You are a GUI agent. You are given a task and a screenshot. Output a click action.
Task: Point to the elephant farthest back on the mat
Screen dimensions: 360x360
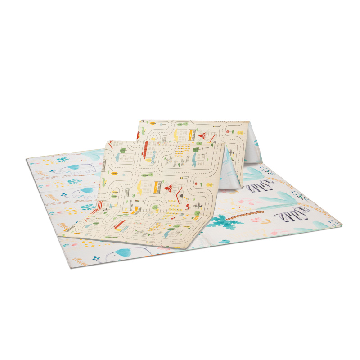click(81, 169)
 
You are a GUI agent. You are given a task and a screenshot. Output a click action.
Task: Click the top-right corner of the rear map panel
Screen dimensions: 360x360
click(250, 121)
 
